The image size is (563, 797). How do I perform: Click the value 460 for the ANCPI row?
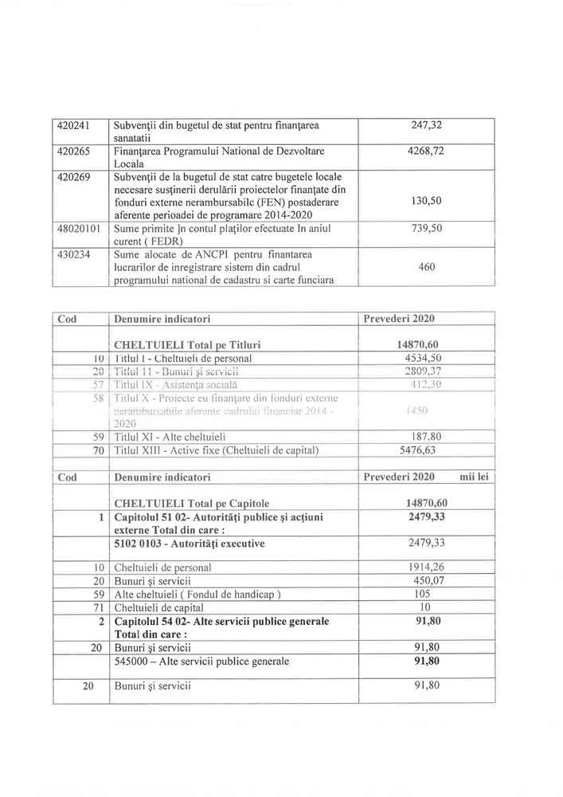click(x=426, y=267)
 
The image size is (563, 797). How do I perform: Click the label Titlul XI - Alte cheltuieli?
click(x=170, y=437)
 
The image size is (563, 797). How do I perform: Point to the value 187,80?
click(x=426, y=437)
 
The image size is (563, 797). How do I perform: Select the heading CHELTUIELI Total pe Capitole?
click(x=192, y=503)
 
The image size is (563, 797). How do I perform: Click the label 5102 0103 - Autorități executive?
click(x=190, y=544)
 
